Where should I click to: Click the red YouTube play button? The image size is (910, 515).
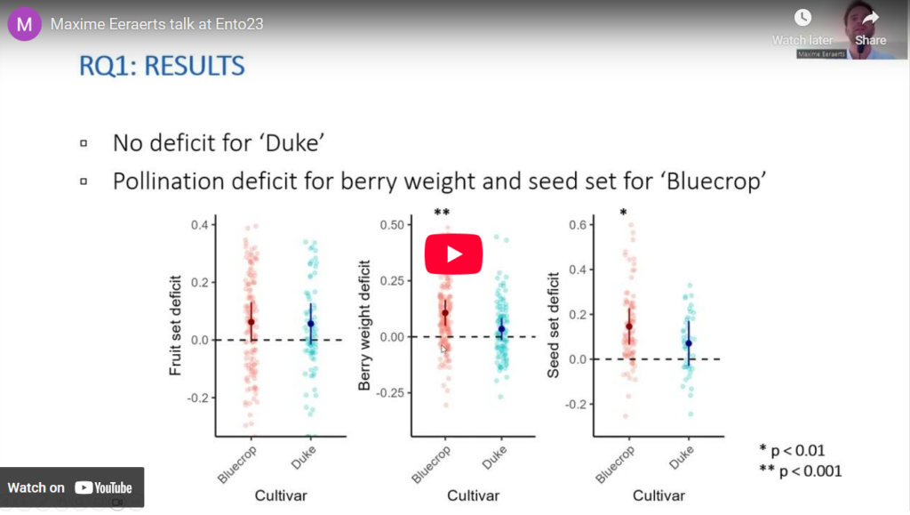click(453, 254)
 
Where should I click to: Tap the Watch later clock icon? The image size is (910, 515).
click(802, 18)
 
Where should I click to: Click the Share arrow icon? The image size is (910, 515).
click(870, 18)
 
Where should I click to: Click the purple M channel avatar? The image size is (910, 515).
click(24, 24)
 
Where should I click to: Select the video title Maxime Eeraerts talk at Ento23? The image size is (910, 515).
click(156, 24)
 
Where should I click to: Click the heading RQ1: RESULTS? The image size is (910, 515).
click(163, 67)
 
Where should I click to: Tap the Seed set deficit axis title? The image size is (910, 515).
click(554, 325)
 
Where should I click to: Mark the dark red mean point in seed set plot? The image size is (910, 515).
click(629, 326)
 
